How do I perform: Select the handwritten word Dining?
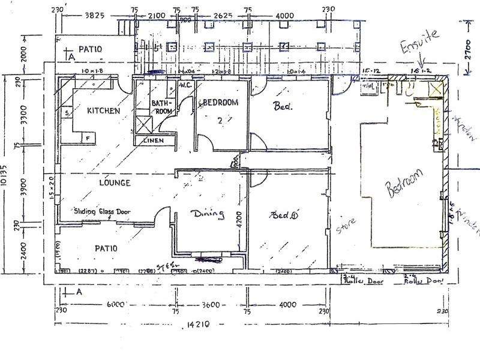click(x=208, y=214)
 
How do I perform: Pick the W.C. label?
click(x=185, y=85)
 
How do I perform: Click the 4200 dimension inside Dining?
click(x=238, y=223)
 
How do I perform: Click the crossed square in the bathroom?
click(x=143, y=125)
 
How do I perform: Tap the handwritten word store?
click(x=346, y=225)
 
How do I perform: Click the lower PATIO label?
click(x=105, y=248)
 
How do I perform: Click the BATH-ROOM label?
click(x=160, y=107)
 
